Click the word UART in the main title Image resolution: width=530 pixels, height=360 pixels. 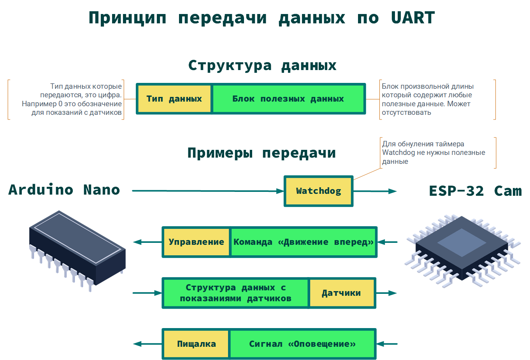pos(413,18)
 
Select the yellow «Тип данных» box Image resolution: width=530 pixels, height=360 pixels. pos(174,99)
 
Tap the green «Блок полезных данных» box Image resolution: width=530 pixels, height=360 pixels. pos(288,99)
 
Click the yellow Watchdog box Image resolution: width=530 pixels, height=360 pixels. pos(318,191)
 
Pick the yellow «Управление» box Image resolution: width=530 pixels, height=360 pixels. pos(196,242)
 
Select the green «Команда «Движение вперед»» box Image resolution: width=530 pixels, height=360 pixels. pos(303,242)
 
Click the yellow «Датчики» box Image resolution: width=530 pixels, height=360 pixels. pos(341,293)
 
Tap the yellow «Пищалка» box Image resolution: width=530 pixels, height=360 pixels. pos(196,344)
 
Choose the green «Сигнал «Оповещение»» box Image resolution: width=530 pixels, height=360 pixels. pos(302,344)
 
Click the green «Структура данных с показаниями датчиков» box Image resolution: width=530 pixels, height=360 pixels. pos(235,293)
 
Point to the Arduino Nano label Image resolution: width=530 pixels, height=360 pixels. pos(64,190)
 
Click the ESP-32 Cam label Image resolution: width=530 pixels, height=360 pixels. pos(475,191)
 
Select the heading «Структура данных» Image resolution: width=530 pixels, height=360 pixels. pos(262,65)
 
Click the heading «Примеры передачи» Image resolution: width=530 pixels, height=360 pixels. pos(261,153)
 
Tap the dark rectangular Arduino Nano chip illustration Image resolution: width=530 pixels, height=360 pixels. pos(77,249)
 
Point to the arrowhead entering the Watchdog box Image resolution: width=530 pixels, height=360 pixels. pos(280,191)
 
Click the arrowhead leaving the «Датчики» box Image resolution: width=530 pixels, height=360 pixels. pos(392,293)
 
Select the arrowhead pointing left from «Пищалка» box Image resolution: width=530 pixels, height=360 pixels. pos(137,344)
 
